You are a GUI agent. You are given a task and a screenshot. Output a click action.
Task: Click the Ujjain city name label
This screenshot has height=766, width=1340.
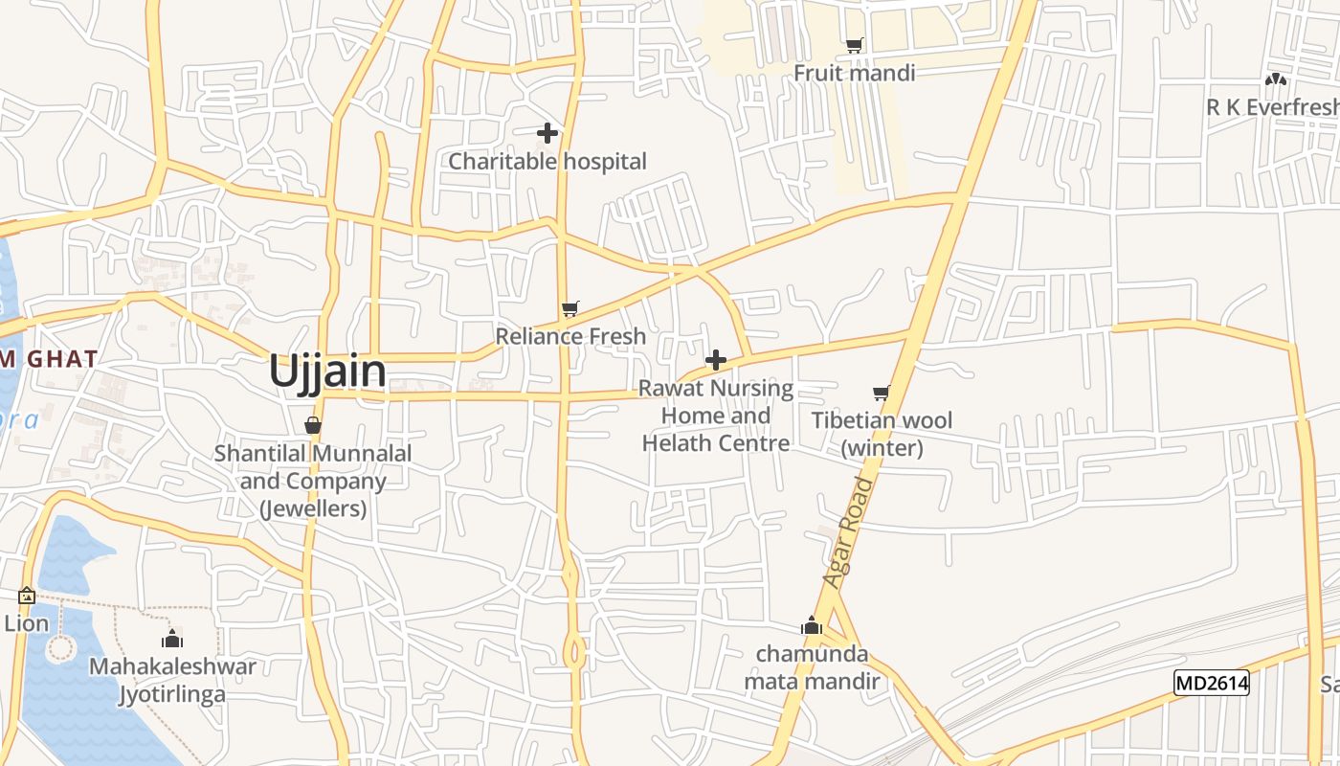[327, 372]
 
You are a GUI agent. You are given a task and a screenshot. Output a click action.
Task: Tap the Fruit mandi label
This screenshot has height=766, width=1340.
[854, 73]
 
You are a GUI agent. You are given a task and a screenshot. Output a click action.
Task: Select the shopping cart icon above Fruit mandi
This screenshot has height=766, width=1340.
[855, 45]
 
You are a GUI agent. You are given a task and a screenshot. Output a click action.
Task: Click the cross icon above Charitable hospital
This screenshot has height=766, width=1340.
[547, 133]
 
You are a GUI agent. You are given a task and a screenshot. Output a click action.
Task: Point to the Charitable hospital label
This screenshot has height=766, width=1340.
[547, 161]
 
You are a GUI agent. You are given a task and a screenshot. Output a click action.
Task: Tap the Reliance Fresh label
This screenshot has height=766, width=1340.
[570, 336]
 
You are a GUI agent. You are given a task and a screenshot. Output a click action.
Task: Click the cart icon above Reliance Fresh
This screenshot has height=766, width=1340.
[570, 308]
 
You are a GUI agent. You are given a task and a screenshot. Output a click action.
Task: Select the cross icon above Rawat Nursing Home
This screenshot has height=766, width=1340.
[715, 360]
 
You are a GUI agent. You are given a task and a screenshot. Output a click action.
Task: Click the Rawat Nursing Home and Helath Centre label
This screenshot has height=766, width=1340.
[716, 416]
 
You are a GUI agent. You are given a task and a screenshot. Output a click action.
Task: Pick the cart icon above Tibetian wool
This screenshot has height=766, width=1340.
[882, 393]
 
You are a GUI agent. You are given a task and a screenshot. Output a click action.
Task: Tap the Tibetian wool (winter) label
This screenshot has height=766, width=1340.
[882, 434]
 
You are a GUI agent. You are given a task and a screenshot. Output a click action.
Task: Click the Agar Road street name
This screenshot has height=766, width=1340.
[849, 532]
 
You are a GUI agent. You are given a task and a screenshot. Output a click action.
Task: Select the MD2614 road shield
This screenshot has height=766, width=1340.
[1211, 683]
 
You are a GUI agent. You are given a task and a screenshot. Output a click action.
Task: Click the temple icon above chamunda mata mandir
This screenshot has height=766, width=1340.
[812, 626]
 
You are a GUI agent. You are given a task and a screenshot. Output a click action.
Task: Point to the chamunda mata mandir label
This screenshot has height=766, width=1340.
[812, 667]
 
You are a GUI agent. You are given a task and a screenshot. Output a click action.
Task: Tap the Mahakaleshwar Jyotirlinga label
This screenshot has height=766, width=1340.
[172, 680]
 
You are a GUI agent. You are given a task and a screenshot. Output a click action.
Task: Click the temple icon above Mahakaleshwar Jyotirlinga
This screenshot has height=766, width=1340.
[172, 639]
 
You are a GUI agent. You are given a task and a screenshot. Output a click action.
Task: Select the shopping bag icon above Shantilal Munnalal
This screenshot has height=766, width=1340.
[313, 425]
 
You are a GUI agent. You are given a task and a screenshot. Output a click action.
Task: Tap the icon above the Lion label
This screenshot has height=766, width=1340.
[26, 596]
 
